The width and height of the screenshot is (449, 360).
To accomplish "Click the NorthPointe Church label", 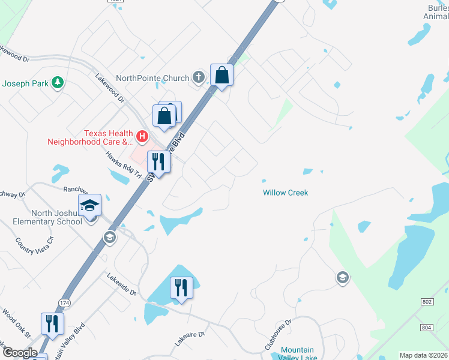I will coord(152,78).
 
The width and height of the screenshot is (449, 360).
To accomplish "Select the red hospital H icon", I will coord(142,137).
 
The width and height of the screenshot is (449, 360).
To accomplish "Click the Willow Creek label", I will coord(285,193).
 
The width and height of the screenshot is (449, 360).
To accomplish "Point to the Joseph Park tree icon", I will coord(58,82).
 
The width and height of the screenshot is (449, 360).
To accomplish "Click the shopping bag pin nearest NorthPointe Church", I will coord(221,76).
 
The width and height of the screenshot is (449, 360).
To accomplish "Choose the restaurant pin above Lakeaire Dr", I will coord(181,288).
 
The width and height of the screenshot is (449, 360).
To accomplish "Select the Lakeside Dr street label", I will coord(122,284).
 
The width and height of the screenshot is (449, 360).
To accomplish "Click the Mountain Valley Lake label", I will coord(298,354).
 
